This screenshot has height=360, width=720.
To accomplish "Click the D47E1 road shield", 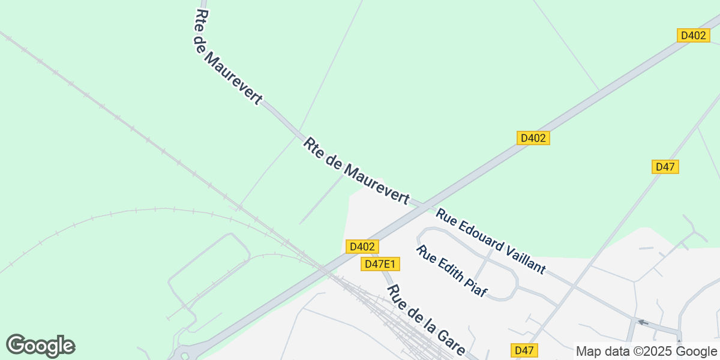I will click(x=380, y=264).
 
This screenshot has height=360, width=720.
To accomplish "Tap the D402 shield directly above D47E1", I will click(x=362, y=247).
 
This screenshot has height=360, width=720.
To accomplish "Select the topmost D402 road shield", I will click(x=694, y=35).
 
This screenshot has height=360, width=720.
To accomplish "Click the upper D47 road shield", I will click(x=665, y=167).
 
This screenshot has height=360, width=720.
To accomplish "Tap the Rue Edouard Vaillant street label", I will click(x=491, y=241).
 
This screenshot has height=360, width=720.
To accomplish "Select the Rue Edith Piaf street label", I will click(x=452, y=271).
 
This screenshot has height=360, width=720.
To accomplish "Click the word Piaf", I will click(x=476, y=289).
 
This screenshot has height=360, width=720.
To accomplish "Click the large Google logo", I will click(x=40, y=346).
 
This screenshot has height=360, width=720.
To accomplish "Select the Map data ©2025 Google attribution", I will click(x=646, y=352).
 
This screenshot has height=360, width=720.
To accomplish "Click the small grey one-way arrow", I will click(x=643, y=323).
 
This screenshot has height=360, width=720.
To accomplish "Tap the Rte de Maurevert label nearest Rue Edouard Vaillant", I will click(x=356, y=171).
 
